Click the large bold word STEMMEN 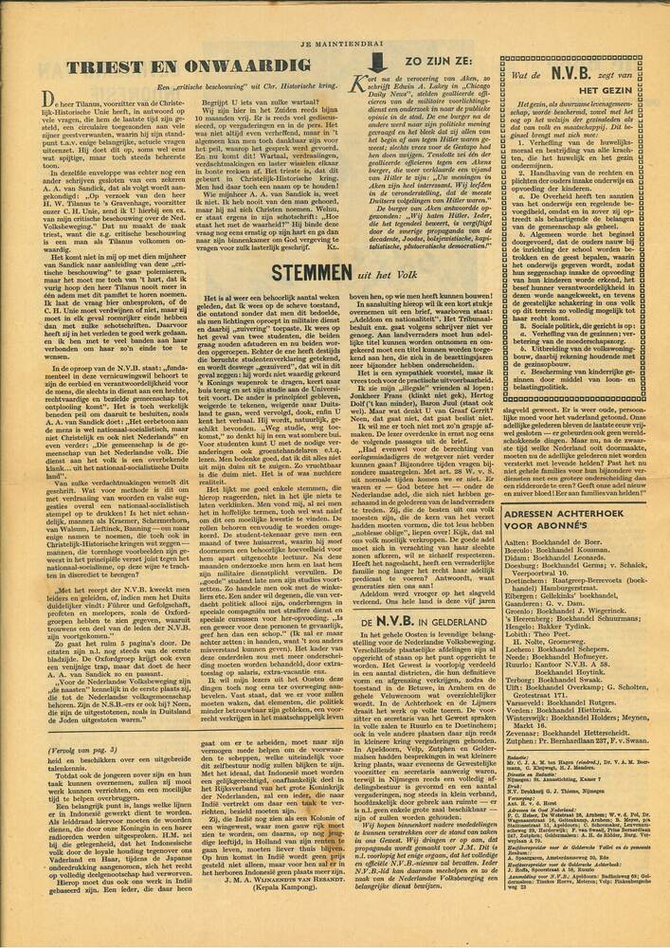click(x=316, y=272)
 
